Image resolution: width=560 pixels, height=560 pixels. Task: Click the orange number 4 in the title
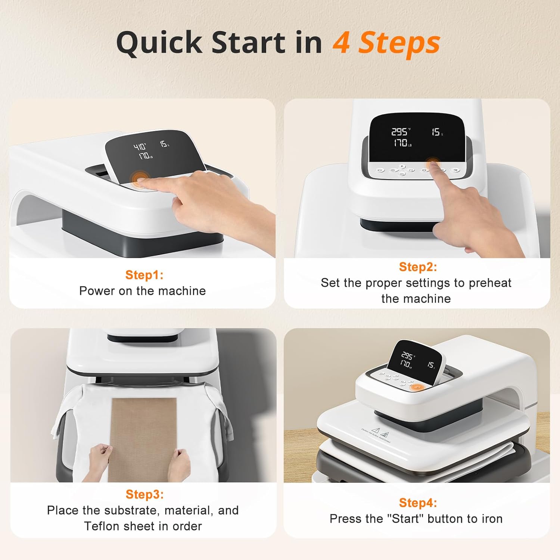tap(341, 43)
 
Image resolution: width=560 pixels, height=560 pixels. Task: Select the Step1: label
tap(144, 275)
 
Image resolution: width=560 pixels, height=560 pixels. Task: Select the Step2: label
tap(417, 267)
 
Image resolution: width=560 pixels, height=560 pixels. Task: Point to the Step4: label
tap(417, 503)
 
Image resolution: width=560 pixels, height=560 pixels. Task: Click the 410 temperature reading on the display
tap(140, 147)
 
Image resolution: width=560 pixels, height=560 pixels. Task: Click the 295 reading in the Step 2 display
tap(399, 132)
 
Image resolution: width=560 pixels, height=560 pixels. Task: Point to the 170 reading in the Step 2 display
tap(400, 143)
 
